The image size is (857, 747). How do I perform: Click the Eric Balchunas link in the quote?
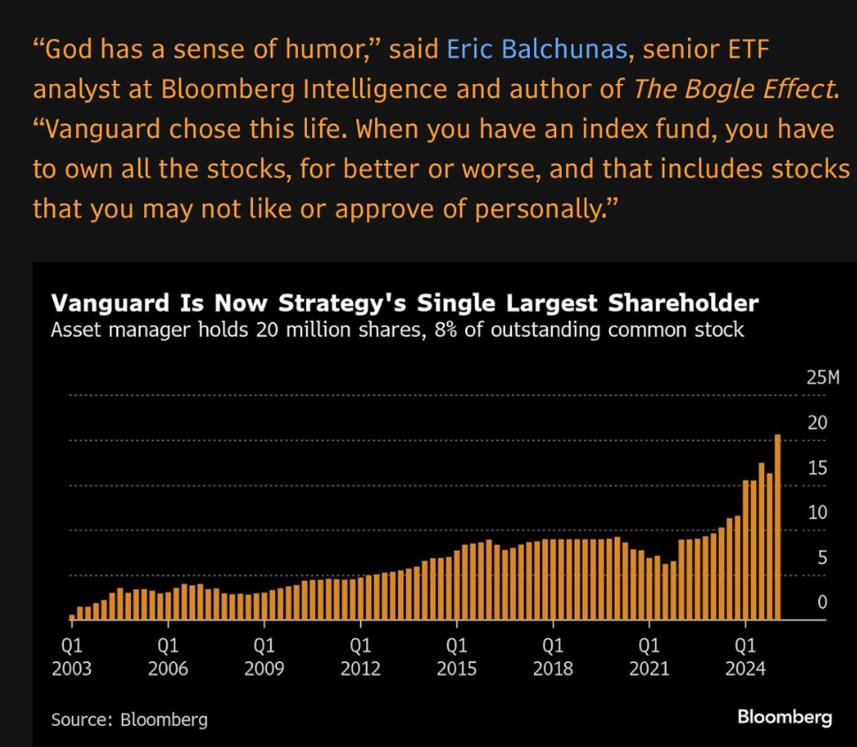[537, 50]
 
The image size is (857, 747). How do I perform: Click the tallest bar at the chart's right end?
[777, 527]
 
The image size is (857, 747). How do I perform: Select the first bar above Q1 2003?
[72, 617]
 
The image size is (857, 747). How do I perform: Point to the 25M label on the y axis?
[823, 378]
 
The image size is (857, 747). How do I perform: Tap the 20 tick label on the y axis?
[818, 423]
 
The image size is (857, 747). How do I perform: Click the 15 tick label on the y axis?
[818, 468]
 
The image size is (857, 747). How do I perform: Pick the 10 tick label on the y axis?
[818, 513]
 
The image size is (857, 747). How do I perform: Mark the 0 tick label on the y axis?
[823, 603]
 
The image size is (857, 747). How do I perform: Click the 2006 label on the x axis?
[168, 668]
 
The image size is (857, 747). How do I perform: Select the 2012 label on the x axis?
[360, 668]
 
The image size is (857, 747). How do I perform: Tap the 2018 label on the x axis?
[553, 668]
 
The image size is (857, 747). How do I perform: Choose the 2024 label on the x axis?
[746, 668]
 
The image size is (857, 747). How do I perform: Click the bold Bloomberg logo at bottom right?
[784, 717]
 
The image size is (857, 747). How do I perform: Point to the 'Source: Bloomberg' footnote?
[129, 719]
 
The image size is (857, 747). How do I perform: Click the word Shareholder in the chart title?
[684, 303]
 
